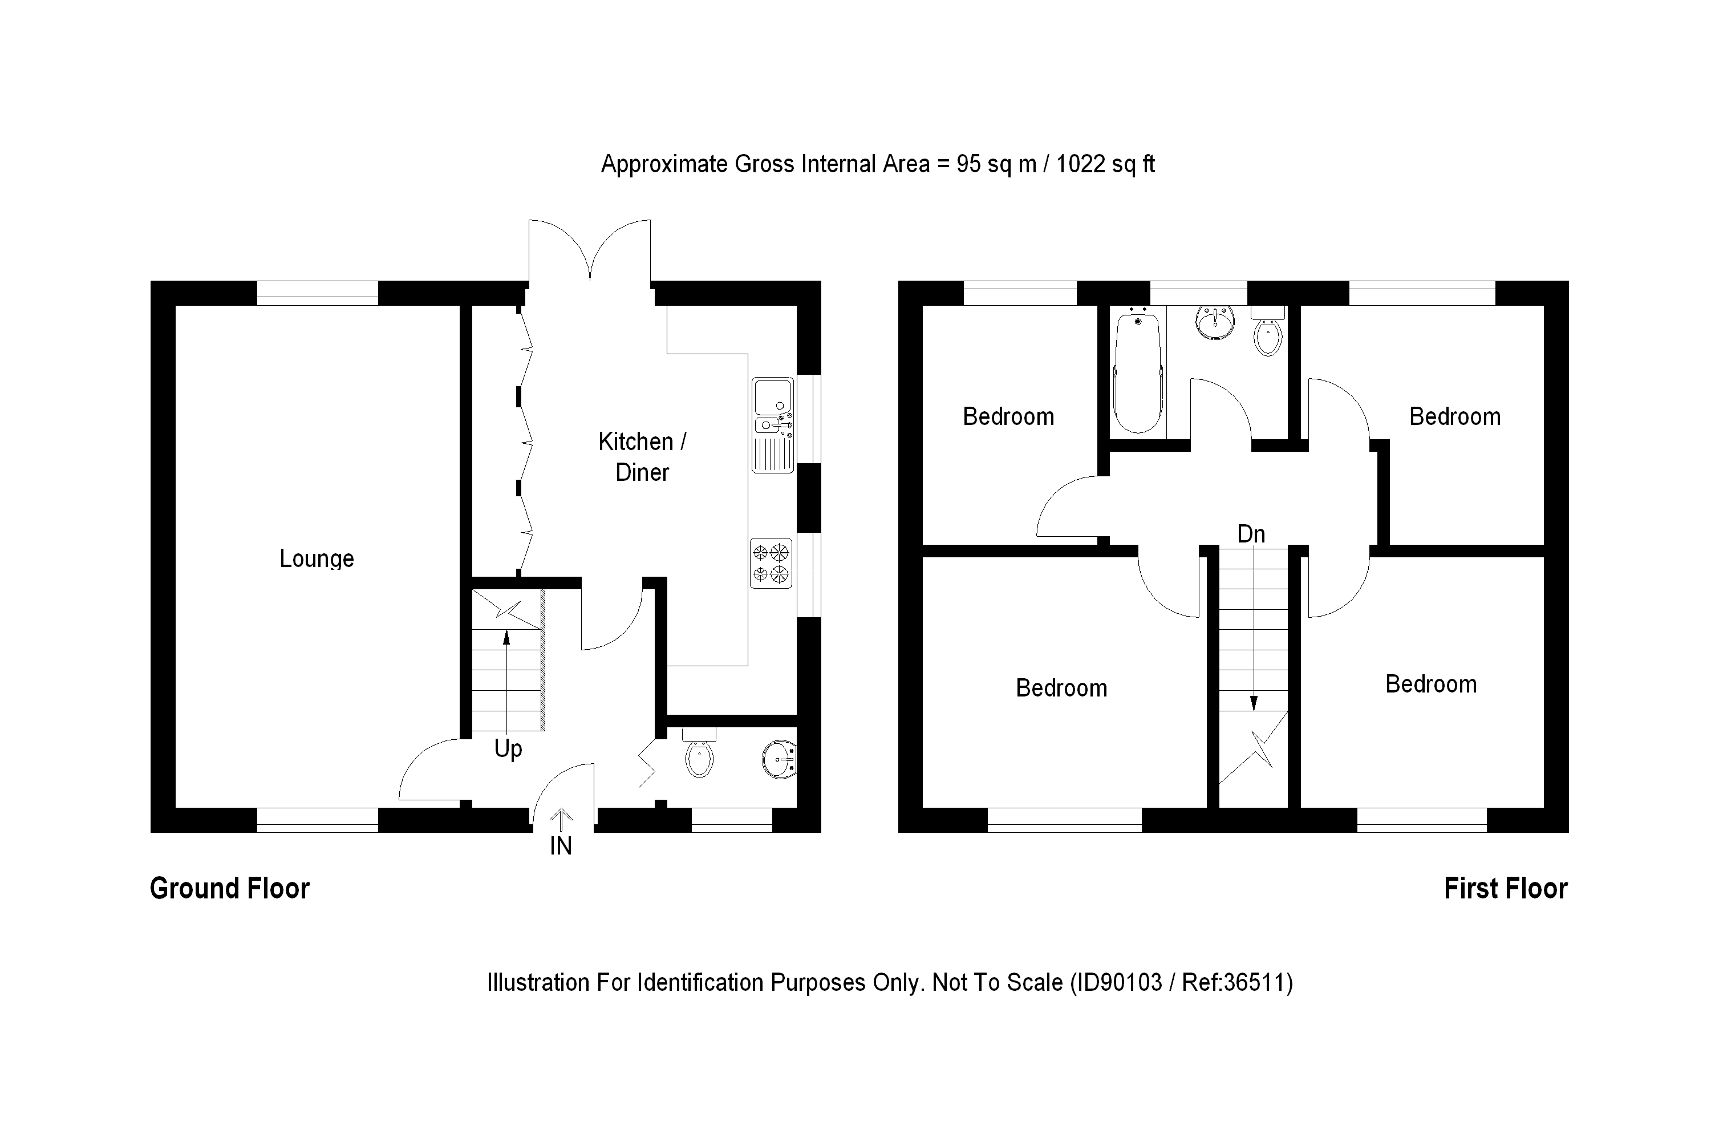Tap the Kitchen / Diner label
[642, 456]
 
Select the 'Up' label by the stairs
[508, 749]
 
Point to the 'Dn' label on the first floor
[1251, 534]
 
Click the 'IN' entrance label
[561, 845]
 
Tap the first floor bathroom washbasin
[1215, 322]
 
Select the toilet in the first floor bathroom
[1268, 331]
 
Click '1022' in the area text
[1080, 164]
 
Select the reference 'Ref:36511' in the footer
[1237, 983]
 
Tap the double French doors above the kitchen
[589, 250]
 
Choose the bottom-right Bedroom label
[1431, 684]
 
